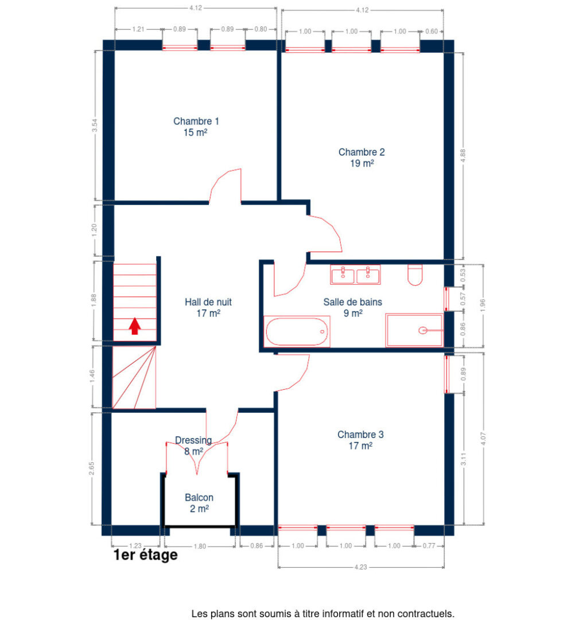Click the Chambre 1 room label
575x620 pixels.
pos(196,122)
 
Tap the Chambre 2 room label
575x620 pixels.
pos(362,153)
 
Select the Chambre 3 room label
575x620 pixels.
pos(360,435)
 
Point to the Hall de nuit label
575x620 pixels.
pos(208,302)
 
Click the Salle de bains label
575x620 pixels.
pos(352,302)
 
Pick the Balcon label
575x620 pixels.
pos(199,498)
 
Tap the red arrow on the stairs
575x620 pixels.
pos(135,326)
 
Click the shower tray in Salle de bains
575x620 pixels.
pos(414,330)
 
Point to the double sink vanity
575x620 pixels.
pos(355,274)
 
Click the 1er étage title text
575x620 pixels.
pos(145,555)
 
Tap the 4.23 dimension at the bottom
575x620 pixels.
pos(361,567)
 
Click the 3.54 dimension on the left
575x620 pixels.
pos(95,126)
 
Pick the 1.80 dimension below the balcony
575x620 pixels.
pos(199,546)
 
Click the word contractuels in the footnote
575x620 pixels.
pos(428,614)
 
